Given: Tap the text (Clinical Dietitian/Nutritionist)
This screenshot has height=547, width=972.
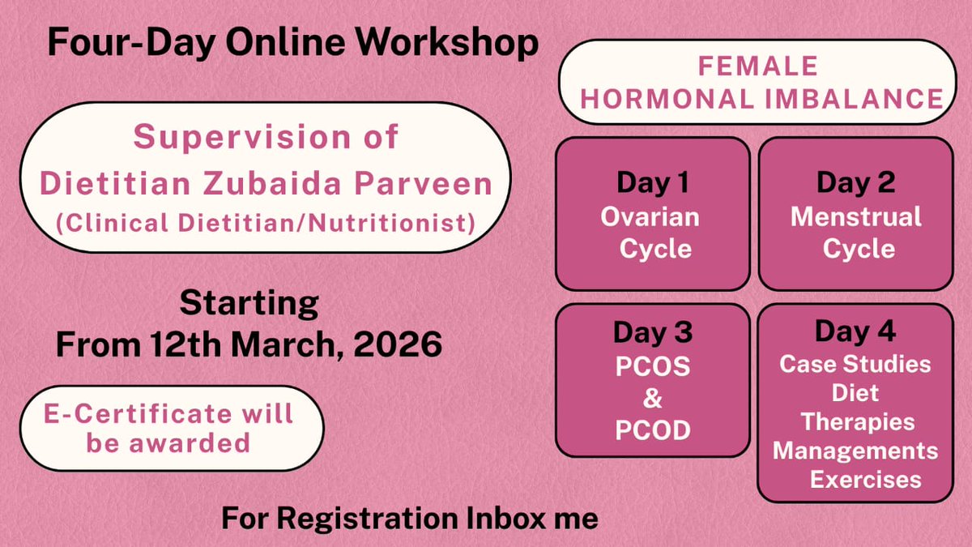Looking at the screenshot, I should [265, 221].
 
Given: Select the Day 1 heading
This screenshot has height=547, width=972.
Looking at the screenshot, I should [652, 183].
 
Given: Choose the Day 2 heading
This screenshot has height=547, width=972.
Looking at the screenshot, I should [855, 183].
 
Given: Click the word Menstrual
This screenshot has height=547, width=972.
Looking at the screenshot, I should [855, 217].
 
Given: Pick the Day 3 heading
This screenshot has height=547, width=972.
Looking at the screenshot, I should [652, 332].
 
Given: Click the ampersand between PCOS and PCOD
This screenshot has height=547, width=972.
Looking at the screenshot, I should [652, 398].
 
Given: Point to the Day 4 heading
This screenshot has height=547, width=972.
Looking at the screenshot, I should [855, 331].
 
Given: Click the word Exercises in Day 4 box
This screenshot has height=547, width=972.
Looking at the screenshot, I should [865, 479].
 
